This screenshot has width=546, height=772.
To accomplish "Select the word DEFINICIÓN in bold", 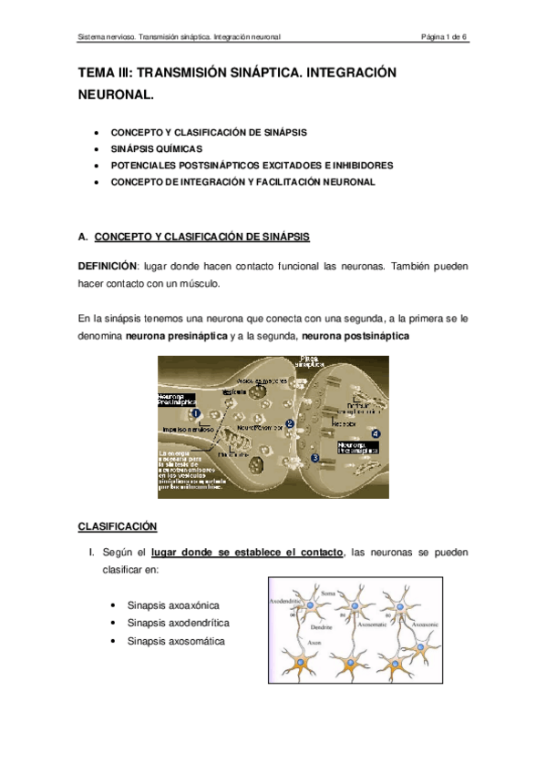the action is tap(106, 266).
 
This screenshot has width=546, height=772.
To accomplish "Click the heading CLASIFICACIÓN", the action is tap(118, 526).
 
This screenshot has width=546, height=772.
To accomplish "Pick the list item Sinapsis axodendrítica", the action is tap(179, 623).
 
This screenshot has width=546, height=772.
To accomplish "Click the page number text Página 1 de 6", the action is tap(443, 37).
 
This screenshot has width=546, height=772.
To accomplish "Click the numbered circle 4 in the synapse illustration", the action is tap(376, 433).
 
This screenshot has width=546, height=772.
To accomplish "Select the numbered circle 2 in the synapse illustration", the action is tap(289, 422).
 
